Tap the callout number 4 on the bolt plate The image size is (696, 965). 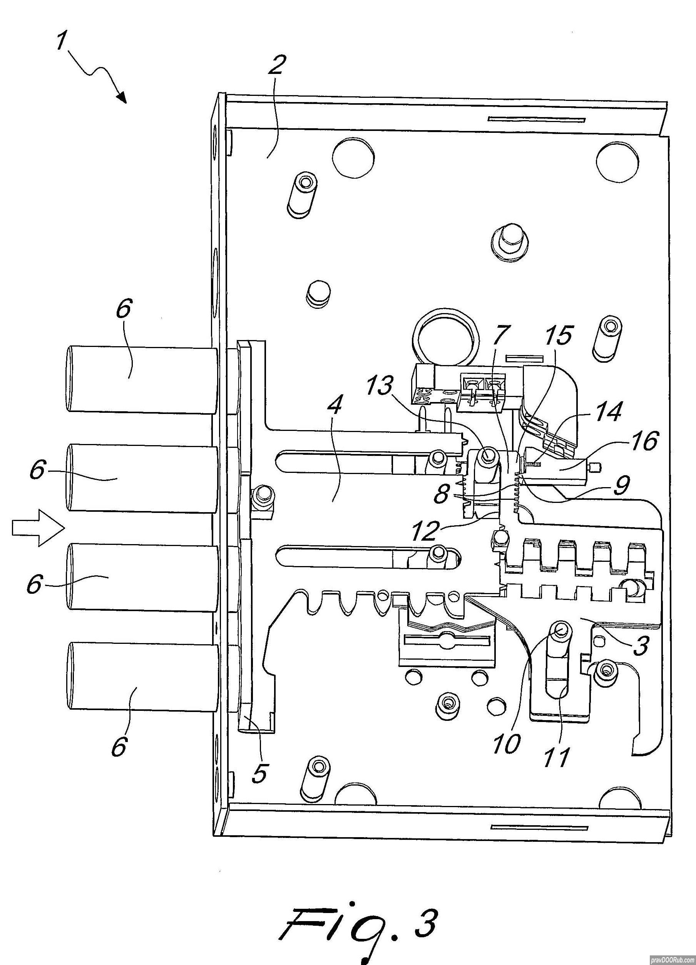[x=335, y=406]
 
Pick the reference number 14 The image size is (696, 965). [x=607, y=413]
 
